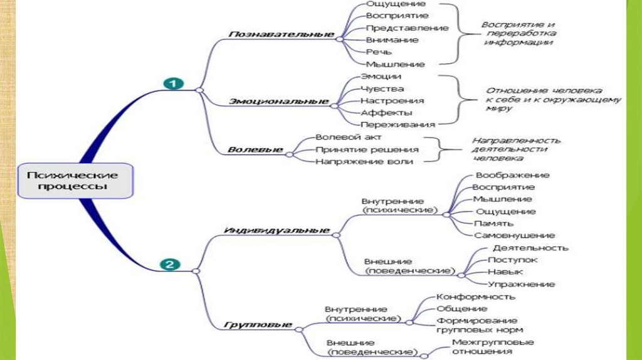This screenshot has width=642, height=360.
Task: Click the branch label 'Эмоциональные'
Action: point(280,100)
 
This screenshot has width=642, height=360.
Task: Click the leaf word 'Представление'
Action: point(407,28)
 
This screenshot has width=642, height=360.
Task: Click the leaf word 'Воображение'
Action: point(512,175)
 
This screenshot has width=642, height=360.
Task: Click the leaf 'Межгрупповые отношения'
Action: point(493,347)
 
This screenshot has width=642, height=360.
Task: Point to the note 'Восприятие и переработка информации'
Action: point(517,33)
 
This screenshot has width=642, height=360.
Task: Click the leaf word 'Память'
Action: point(494,223)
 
